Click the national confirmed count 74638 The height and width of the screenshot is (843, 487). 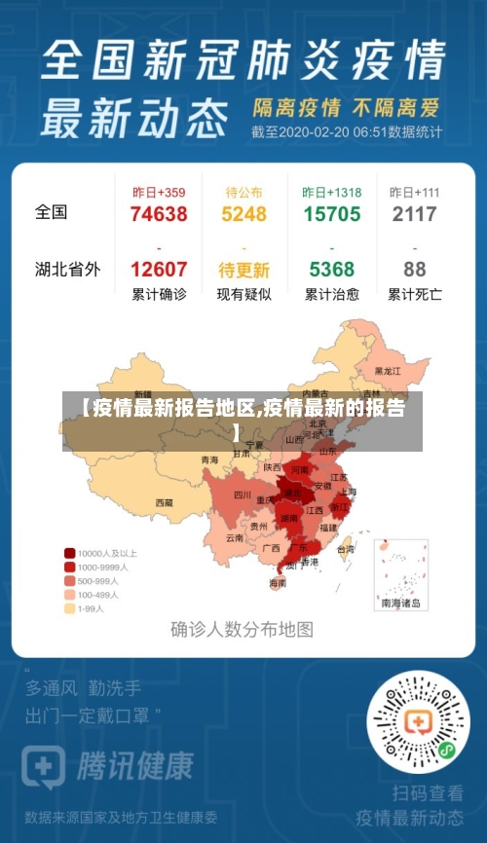pos(158,214)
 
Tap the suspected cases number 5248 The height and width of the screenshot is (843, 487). pos(243,214)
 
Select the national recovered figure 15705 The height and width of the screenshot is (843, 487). pos(331,214)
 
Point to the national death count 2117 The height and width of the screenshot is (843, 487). pos(414,214)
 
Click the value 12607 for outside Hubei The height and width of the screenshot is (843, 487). pos(158,270)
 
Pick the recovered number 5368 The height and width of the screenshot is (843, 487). pos(331,270)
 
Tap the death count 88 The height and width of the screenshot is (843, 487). pos(414,270)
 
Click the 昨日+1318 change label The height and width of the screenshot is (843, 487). pos(331,193)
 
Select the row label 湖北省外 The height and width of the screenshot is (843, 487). pos(67,270)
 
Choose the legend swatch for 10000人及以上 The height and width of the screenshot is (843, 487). pos(70,553)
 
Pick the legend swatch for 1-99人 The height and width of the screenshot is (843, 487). pos(70,608)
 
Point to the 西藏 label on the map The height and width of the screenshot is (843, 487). pos(164,503)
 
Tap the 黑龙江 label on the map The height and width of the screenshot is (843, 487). pos(388,371)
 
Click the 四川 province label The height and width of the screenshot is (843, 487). pos(243,495)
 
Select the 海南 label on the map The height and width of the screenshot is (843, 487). pos(278,583)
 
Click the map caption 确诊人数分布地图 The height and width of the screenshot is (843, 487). pos(243,630)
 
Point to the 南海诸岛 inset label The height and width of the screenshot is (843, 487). pos(401,604)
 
